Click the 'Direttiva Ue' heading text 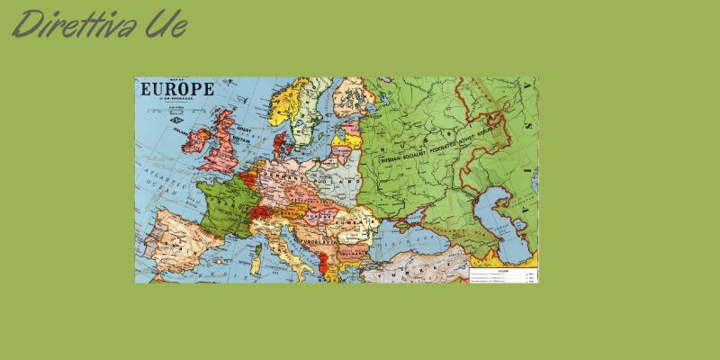(x=99, y=24)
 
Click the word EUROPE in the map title (x=175, y=89)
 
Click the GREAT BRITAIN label (x=241, y=135)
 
